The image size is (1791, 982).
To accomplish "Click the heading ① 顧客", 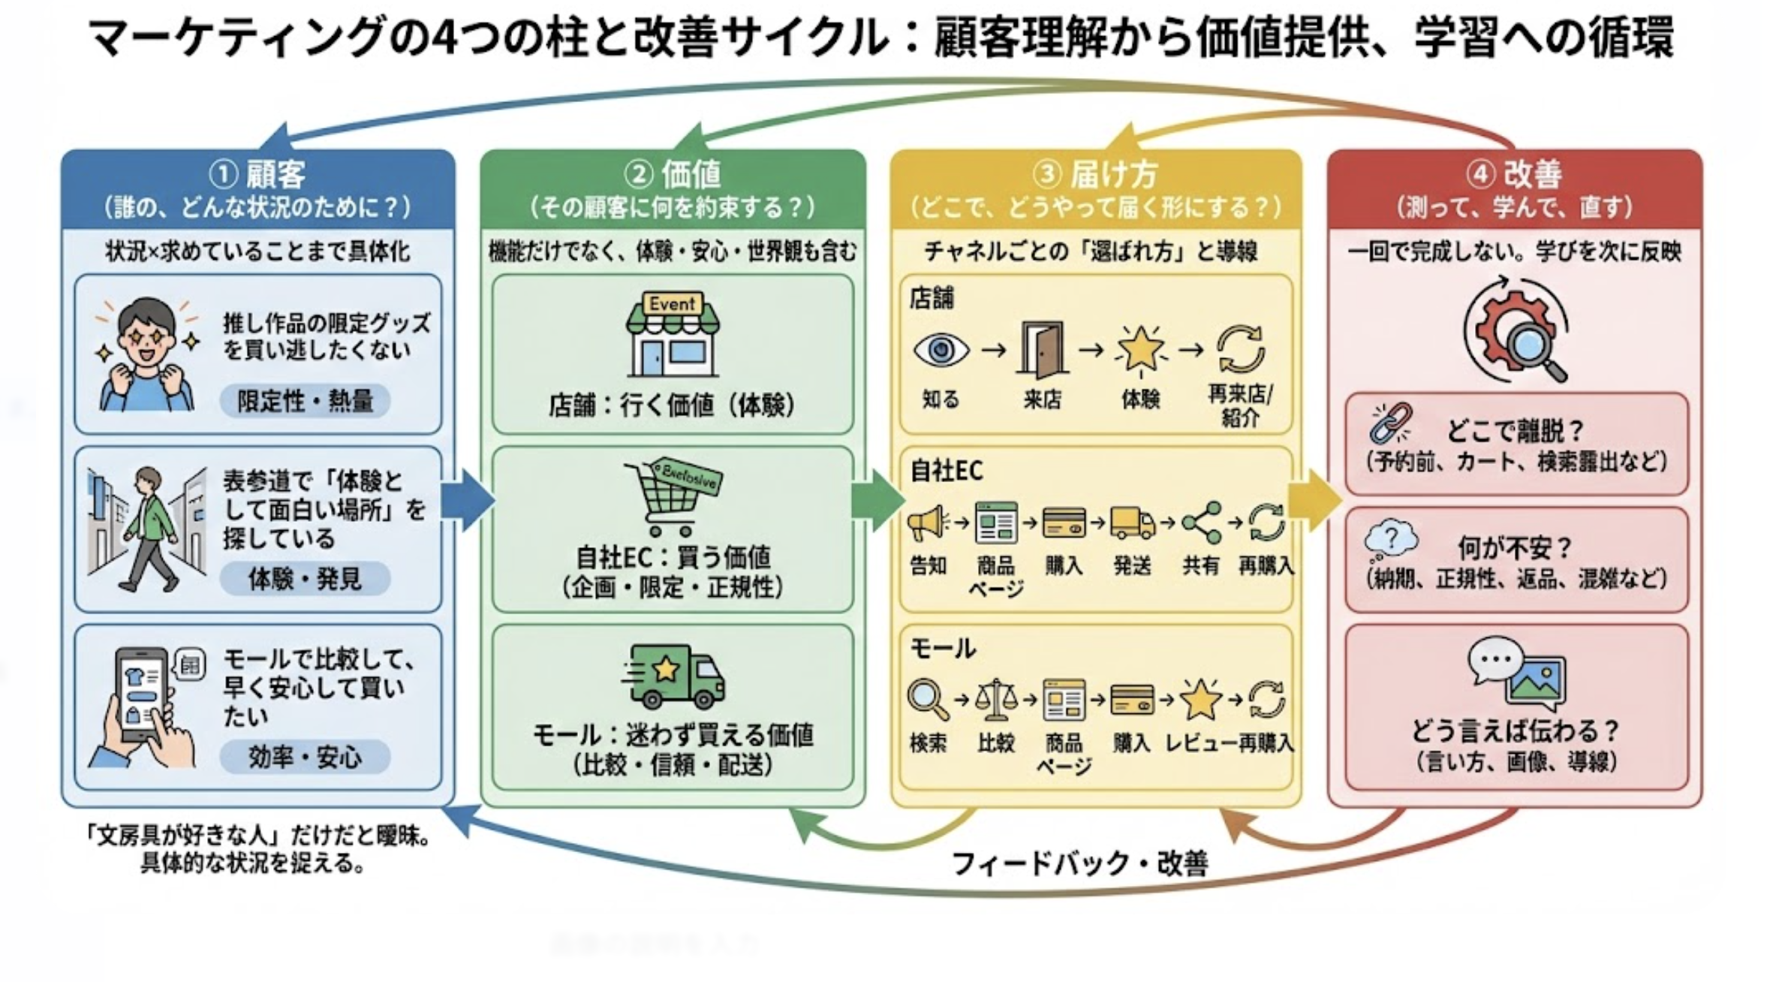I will click(x=257, y=175).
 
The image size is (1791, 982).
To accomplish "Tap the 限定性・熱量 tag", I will click(x=305, y=401).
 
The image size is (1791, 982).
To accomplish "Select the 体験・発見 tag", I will click(x=305, y=579).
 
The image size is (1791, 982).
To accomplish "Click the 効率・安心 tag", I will click(x=305, y=757).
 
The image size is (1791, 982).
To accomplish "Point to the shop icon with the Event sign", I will click(x=673, y=335).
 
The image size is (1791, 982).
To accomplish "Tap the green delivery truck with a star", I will click(x=673, y=676).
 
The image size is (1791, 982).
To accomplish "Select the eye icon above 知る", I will click(x=941, y=351).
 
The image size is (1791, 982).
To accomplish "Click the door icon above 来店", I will click(x=1042, y=349).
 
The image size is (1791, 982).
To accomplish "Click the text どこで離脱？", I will click(x=1515, y=431).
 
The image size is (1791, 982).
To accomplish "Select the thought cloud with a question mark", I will click(x=1391, y=540).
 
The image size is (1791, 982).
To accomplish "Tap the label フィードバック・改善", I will click(x=1080, y=863).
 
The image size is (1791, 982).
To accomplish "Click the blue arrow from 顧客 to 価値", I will click(x=466, y=500).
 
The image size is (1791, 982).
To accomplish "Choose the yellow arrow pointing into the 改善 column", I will click(x=1314, y=500).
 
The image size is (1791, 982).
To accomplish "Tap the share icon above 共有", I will click(x=1201, y=523).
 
